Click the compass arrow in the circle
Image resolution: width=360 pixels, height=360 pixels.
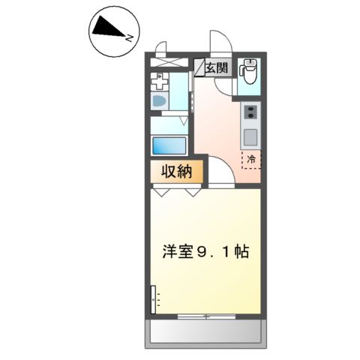[111, 29]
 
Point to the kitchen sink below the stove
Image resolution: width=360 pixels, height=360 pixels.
[249, 137]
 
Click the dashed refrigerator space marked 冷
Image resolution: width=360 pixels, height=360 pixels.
[251, 159]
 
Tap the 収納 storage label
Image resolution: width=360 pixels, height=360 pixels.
[178, 172]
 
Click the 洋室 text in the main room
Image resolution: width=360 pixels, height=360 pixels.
[177, 253]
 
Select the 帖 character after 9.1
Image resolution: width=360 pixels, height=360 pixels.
[241, 253]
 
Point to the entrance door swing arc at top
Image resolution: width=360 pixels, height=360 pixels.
[219, 42]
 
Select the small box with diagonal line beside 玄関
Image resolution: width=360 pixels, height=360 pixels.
[200, 67]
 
